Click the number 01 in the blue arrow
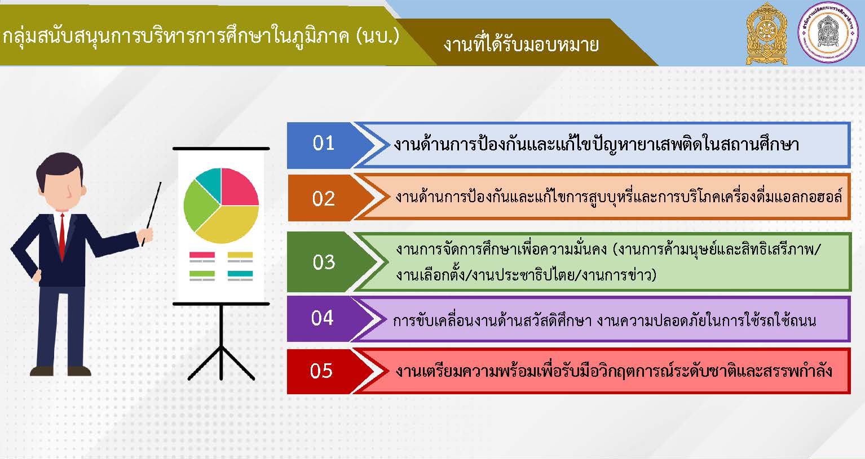pyautogui.click(x=323, y=143)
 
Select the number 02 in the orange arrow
pyautogui.click(x=323, y=199)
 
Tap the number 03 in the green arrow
pyautogui.click(x=324, y=262)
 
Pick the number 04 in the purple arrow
pyautogui.click(x=322, y=318)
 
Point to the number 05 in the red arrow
pyautogui.click(x=321, y=371)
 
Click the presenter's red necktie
pyautogui.click(x=62, y=235)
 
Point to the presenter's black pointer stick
pyautogui.click(x=151, y=213)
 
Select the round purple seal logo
pyautogui.click(x=828, y=33)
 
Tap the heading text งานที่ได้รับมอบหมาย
pyautogui.click(x=521, y=44)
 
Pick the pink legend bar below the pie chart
pyautogui.click(x=202, y=255)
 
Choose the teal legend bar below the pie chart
pyautogui.click(x=240, y=274)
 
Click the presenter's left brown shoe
pyautogui.click(x=42, y=371)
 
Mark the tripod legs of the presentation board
pyautogui.click(x=221, y=360)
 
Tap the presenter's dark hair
pyautogui.click(x=60, y=164)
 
